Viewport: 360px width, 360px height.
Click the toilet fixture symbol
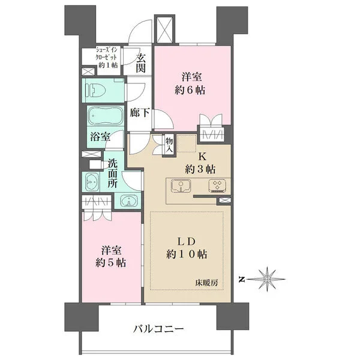pos(95,90)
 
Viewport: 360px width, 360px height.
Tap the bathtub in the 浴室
pos(106,116)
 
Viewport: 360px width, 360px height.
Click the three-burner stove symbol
pos(217,185)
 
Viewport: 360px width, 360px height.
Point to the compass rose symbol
pos(267,279)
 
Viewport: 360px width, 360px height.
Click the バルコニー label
pos(158,329)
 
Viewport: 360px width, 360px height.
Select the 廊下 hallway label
pos(140,113)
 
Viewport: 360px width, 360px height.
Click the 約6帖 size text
pos(190,90)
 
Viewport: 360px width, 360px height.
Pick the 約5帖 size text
pos(110,263)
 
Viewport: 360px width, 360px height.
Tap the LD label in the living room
pos(186,242)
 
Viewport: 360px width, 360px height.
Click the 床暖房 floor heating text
pos(206,283)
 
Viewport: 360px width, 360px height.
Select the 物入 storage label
pos(169,145)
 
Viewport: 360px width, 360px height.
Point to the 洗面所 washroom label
pos(113,173)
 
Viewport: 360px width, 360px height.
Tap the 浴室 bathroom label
pos(100,137)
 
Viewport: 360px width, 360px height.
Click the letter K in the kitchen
pos(202,157)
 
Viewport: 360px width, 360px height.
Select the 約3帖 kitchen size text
pos(200,169)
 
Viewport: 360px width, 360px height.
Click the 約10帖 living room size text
pos(187,254)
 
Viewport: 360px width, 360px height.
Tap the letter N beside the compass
pos(241,280)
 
